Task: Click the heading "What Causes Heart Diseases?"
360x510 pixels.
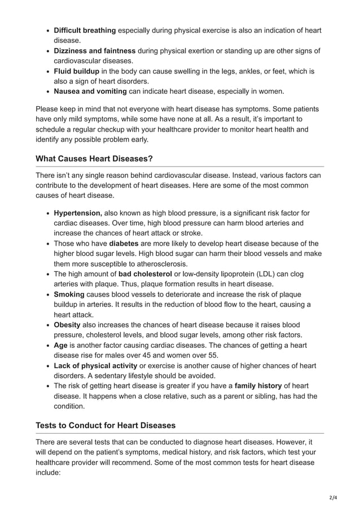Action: (94, 159)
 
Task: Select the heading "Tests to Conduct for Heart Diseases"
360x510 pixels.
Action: (106, 425)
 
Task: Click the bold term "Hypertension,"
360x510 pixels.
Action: (78, 213)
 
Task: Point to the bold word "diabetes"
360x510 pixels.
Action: (124, 243)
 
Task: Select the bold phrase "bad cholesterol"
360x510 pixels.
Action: (145, 274)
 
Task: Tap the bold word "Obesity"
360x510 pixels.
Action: (67, 325)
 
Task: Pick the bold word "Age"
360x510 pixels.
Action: (60, 345)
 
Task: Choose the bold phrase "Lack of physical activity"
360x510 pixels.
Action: (95, 365)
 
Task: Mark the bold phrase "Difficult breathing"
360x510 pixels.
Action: (85, 30)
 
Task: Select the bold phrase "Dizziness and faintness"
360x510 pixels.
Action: (94, 50)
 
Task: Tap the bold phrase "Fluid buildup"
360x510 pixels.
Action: (77, 71)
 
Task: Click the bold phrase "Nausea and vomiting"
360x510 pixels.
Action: (90, 91)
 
